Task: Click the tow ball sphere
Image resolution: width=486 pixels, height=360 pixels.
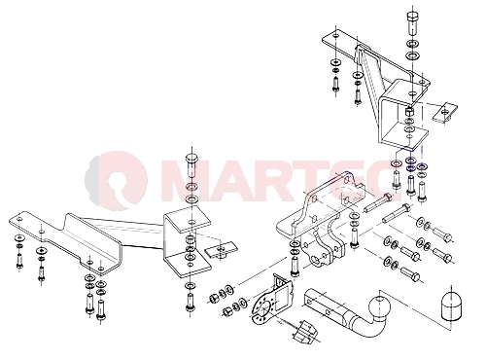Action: point(379,306)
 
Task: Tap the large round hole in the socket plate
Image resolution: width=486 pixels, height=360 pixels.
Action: point(265,307)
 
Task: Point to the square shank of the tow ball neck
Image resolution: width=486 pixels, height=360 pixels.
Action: point(324,305)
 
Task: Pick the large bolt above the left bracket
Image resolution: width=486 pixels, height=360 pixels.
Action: point(191,164)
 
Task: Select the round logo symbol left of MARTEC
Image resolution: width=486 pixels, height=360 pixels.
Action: point(117,180)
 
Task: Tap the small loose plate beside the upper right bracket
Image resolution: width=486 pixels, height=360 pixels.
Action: point(445,113)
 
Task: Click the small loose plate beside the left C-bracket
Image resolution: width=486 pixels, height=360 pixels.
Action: point(222,250)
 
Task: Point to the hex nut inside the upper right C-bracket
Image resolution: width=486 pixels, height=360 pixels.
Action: point(409,112)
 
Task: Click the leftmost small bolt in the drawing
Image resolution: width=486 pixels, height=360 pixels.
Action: point(19,261)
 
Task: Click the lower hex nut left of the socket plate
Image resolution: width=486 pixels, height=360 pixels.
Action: point(226,311)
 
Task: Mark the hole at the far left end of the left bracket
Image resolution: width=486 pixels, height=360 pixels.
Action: point(20,219)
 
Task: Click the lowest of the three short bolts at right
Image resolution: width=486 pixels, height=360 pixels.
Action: point(411,274)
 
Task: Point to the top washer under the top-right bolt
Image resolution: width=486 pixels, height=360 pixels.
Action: point(412,44)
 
